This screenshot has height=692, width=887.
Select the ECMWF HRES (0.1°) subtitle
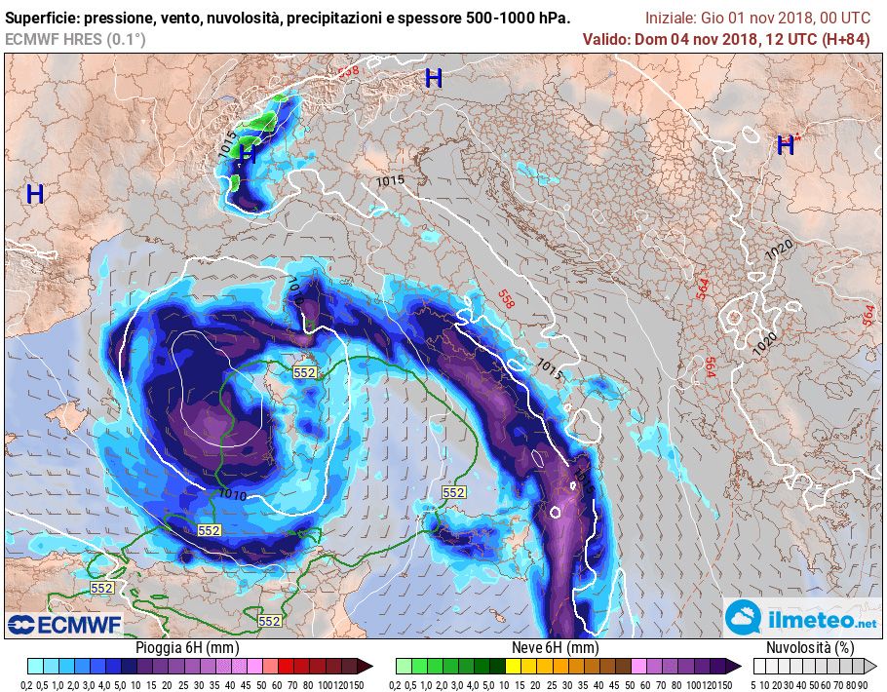coord(75,39)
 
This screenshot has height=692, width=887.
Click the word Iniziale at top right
coord(674,19)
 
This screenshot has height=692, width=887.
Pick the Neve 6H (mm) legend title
coord(555,648)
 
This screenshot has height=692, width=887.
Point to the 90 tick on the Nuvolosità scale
coord(864,684)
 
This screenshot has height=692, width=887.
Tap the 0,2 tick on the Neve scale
coord(402,684)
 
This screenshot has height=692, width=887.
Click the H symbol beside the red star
coord(785,146)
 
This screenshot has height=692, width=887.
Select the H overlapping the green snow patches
coord(248,153)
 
